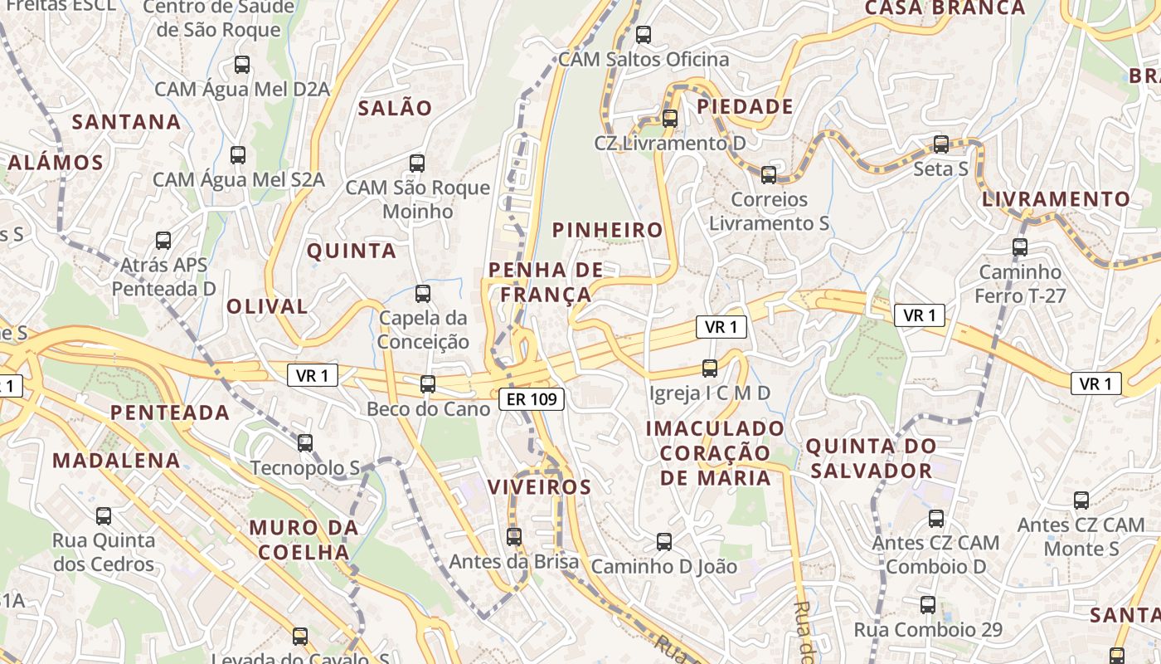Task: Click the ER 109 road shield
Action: (532, 399)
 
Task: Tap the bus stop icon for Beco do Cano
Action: (428, 384)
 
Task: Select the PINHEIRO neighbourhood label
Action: (608, 230)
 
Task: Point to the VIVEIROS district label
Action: (540, 487)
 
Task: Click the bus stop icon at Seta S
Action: (941, 144)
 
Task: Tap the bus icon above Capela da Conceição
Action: (423, 293)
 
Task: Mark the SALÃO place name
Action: (395, 108)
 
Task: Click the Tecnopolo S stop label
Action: (305, 468)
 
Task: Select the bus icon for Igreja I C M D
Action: (710, 369)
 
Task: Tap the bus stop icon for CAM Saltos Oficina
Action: (644, 35)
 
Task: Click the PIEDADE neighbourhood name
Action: (745, 107)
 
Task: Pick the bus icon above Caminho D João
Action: (664, 542)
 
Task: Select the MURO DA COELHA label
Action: (304, 539)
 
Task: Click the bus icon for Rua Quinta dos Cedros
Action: (104, 516)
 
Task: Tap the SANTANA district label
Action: (126, 122)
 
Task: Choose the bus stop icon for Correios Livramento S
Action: (769, 175)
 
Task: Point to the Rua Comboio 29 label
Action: (928, 630)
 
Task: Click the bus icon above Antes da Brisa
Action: (514, 537)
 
